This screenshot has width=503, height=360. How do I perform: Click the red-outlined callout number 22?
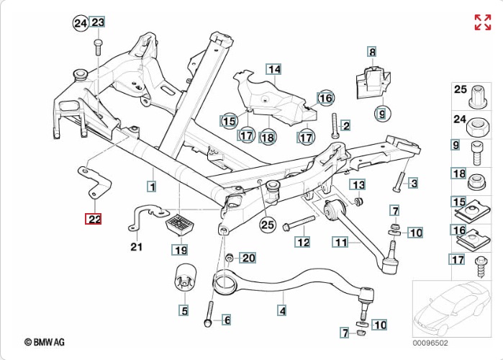point(94,218)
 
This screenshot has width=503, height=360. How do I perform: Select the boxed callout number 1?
point(152,186)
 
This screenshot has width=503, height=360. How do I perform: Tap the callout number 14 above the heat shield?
point(273,69)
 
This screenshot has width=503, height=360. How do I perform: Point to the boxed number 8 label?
point(372,51)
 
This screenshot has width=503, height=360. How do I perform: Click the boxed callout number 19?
point(179,251)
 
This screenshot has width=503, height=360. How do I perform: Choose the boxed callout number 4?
point(282,311)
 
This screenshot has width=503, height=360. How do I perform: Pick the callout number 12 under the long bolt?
point(303,242)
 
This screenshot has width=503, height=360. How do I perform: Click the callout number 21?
point(137,247)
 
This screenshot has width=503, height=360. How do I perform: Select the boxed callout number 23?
point(98,23)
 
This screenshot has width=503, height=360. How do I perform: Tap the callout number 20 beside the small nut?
point(248,258)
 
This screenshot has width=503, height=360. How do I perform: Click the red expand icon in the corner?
point(482,22)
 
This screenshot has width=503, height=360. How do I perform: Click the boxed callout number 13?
point(358,184)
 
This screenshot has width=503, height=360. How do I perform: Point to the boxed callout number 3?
point(413,183)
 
